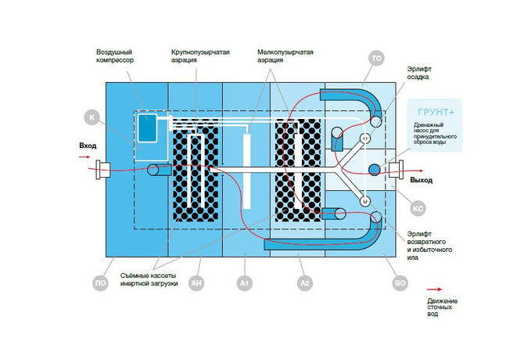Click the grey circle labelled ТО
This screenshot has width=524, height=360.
point(376,58)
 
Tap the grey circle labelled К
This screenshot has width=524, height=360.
point(92,117)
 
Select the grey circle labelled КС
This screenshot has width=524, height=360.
point(418,209)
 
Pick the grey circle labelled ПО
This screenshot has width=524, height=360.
point(100,283)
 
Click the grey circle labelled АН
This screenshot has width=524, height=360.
point(196,283)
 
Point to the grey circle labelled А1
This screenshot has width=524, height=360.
point(245,283)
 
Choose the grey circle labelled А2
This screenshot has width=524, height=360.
point(305,283)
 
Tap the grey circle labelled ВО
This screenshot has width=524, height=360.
point(400,283)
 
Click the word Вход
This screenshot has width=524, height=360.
point(88,146)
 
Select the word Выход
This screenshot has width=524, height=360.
point(422,180)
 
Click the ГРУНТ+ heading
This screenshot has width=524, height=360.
point(436,112)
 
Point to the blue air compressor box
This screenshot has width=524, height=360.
point(147,128)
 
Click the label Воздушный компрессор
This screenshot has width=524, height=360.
point(115,56)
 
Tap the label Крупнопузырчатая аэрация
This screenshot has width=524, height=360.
point(200,56)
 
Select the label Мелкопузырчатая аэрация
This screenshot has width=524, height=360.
point(285,56)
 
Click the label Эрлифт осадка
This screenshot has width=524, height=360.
point(419,73)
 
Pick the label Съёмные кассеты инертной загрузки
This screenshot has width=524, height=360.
point(149,279)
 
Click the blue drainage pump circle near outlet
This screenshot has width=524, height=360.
point(375,170)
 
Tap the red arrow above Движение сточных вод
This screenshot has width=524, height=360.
point(434,289)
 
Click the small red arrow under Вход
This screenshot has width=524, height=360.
point(84,157)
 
